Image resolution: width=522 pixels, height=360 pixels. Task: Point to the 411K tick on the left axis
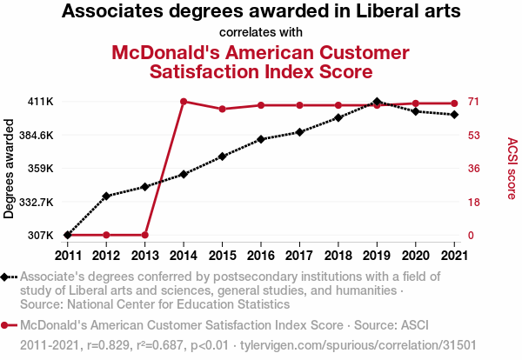(41, 102)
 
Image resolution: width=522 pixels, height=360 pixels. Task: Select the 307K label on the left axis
(41, 235)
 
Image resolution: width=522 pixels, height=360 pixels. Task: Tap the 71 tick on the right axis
(475, 102)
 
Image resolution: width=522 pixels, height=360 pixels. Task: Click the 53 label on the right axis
(475, 135)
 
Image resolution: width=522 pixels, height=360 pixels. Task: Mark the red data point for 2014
(184, 102)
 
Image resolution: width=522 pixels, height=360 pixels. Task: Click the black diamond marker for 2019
(376, 102)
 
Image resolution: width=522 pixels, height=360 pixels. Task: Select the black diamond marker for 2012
(106, 196)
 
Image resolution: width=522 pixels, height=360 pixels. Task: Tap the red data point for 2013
(145, 235)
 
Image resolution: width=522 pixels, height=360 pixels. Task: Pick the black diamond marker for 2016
(261, 139)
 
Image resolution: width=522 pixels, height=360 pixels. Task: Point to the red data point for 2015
(223, 109)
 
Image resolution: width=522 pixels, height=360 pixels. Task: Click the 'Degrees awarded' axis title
(10, 169)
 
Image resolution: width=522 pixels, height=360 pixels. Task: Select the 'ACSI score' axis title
(512, 169)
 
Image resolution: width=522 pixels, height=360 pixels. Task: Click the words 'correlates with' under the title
(261, 33)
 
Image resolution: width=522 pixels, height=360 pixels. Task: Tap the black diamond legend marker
(6, 277)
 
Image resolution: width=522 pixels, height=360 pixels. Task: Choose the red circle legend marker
(6, 325)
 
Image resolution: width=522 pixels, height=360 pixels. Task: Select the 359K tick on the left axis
(41, 168)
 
